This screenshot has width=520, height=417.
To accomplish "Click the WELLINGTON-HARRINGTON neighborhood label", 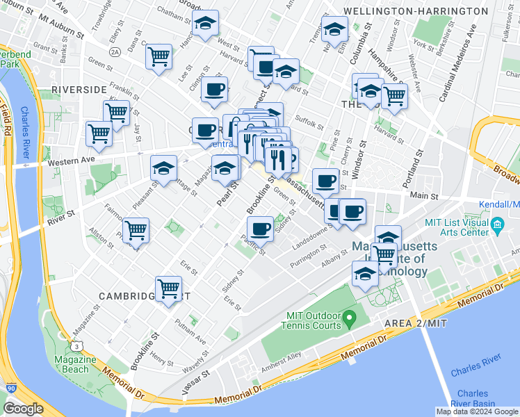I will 425,12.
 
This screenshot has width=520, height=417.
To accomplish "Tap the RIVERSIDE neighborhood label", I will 79,90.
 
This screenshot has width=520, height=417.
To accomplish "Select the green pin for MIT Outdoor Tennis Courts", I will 350,320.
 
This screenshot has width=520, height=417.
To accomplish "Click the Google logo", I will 23,409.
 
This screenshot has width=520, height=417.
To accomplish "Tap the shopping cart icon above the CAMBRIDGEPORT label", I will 169,288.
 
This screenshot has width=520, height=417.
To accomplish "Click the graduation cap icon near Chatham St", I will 205,24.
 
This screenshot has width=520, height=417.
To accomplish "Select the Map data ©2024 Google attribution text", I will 476,411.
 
